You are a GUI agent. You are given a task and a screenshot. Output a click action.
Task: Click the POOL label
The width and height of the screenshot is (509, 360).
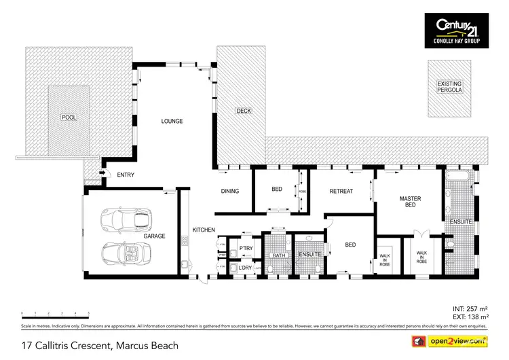69,117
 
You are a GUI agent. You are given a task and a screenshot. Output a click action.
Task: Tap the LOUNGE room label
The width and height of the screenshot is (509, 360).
172,122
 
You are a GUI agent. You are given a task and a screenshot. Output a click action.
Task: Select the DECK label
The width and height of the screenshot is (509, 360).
243,111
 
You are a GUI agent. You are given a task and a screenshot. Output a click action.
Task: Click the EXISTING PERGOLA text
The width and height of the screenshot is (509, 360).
449,86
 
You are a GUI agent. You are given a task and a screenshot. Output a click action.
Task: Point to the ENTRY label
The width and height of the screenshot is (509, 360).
126,175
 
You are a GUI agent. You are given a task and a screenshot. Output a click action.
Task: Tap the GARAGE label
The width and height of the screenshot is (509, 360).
155,236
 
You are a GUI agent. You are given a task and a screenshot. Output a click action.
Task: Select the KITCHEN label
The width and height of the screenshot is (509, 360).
203,230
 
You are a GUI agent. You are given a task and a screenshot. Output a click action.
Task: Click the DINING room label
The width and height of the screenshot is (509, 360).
230,192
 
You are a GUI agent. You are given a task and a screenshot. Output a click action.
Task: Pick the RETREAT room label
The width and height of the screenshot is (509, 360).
341,192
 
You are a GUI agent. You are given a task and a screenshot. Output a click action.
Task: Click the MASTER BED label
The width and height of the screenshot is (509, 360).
410,202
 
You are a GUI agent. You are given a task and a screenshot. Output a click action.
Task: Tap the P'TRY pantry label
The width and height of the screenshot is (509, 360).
246,249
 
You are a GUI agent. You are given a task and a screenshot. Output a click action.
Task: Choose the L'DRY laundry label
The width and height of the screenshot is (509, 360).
246,268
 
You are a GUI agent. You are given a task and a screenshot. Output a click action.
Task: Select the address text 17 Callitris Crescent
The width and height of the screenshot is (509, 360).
101,346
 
